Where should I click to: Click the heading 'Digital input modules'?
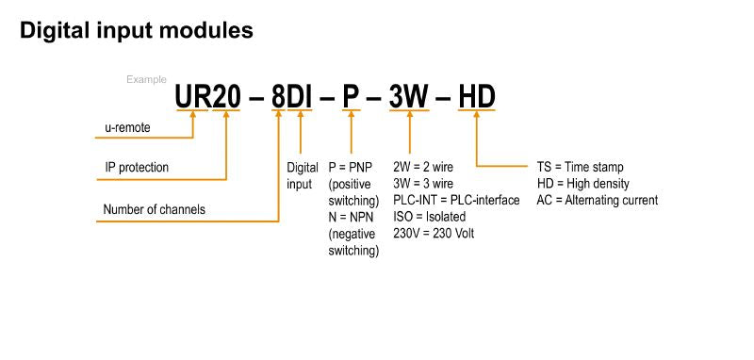[137, 31]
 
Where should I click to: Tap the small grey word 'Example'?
[146, 79]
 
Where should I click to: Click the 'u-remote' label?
[127, 127]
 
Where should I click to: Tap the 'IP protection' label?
[137, 168]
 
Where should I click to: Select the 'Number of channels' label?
[154, 209]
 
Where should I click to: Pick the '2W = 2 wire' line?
[423, 167]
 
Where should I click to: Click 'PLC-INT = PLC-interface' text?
[456, 201]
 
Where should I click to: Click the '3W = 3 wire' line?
[423, 184]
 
